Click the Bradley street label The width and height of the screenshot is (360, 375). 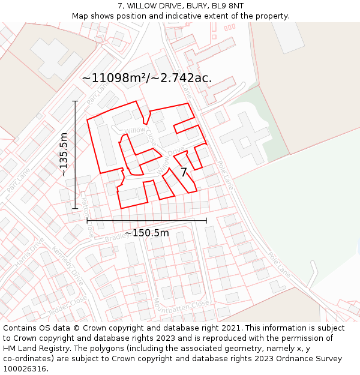(116, 238)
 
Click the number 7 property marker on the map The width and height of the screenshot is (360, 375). (184, 173)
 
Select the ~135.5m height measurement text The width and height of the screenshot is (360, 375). (64, 154)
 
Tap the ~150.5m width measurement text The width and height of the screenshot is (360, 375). (146, 233)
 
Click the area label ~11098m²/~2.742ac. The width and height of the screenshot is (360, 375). (146, 78)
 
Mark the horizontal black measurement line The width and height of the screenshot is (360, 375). (146, 221)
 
